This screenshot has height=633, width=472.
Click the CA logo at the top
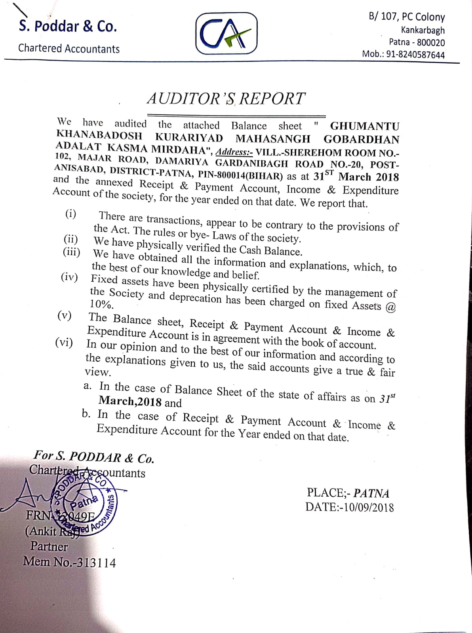226,33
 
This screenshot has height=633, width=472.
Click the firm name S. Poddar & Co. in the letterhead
68,26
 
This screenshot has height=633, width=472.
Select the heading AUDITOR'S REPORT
226,99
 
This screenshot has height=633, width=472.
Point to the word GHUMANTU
365,126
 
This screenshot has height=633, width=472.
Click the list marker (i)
71,214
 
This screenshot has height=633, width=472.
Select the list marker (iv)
69,277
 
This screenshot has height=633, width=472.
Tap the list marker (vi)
64,342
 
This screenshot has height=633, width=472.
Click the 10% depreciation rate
102,304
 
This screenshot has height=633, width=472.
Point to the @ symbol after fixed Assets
390,308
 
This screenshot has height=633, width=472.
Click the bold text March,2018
130,401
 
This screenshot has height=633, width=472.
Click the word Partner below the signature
49,547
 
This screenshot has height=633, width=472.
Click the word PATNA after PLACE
371,493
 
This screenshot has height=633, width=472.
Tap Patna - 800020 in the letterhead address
417,42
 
